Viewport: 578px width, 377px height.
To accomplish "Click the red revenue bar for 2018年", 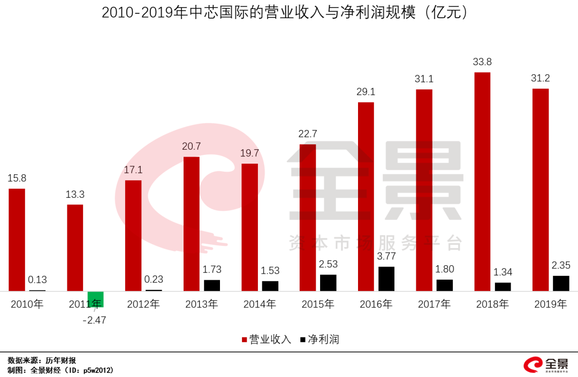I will click(x=482, y=182).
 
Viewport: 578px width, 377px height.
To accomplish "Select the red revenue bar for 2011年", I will click(x=75, y=248).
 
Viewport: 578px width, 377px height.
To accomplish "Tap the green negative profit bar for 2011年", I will click(x=96, y=299).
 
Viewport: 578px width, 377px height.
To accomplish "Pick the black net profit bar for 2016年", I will click(x=386, y=279).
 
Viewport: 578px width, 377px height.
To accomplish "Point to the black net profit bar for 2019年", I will click(x=561, y=283).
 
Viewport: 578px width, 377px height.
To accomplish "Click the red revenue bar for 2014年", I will click(x=249, y=227).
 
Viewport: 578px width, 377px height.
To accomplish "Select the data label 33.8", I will click(x=482, y=62).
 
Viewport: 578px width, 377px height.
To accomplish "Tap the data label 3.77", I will click(x=386, y=257).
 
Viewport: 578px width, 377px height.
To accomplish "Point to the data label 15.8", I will click(x=17, y=178).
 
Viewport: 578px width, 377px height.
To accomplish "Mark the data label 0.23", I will click(x=154, y=279).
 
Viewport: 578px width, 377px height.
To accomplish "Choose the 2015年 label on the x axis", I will click(x=318, y=304).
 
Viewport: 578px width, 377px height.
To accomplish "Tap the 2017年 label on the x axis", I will click(x=434, y=304).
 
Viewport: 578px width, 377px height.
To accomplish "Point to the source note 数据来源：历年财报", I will click(x=42, y=360).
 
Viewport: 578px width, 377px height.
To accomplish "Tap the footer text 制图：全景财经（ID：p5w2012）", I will click(x=60, y=370).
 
